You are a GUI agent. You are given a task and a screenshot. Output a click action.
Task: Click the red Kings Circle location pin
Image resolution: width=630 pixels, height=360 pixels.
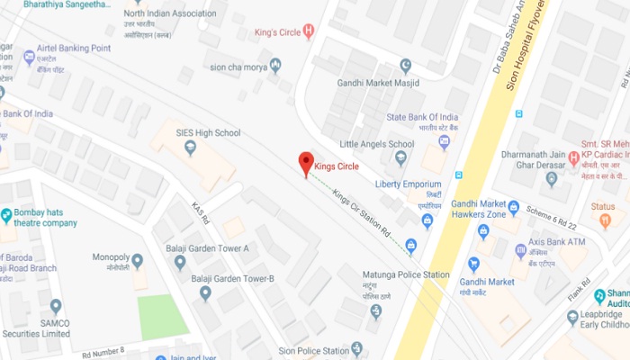(x=306, y=163)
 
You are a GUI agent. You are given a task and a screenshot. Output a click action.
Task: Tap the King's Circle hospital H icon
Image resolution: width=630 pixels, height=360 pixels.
(x=310, y=32)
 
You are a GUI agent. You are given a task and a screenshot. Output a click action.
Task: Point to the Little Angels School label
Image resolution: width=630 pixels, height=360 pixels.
(x=376, y=144)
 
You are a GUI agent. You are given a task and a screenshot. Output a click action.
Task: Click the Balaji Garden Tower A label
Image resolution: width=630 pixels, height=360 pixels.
(x=207, y=247)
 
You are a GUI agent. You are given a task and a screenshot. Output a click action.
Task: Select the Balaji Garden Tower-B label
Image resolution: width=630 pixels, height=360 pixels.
(x=232, y=278)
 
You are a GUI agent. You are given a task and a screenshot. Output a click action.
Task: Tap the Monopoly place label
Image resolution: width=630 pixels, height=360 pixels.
(x=111, y=257)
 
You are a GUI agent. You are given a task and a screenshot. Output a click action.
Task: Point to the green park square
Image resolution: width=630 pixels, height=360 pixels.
(x=163, y=317)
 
